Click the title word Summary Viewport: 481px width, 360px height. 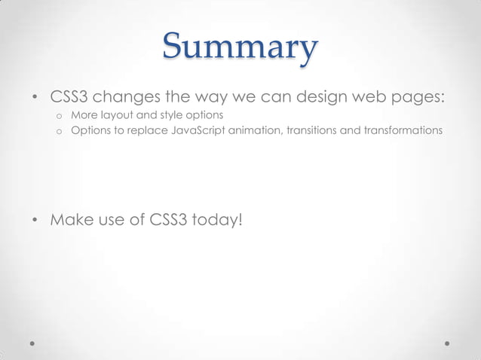click(240, 49)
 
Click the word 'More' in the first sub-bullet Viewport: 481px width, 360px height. click(84, 116)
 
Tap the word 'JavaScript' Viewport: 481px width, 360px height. click(198, 131)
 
